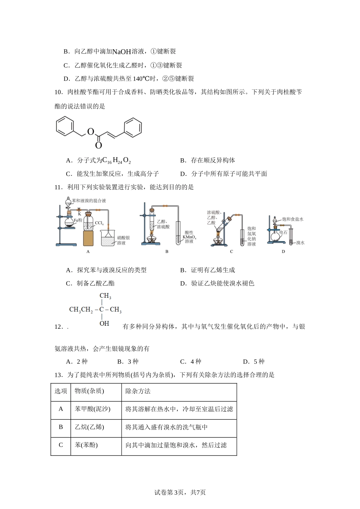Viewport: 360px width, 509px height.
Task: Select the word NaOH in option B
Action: (x=122, y=52)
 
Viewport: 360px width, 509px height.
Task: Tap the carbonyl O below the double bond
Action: (x=99, y=145)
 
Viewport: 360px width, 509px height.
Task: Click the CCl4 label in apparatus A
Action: (x=99, y=223)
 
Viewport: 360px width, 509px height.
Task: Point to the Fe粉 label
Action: (x=78, y=220)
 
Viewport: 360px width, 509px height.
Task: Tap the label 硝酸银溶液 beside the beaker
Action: (x=123, y=240)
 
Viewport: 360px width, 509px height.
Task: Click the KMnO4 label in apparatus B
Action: (x=189, y=237)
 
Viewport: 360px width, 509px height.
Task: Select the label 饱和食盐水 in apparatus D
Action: (x=293, y=219)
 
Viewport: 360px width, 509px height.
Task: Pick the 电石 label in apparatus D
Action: (x=283, y=232)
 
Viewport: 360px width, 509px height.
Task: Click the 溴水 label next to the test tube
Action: (x=300, y=243)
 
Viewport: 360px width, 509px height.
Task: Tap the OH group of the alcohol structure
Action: (x=104, y=323)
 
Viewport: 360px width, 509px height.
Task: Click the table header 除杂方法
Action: (x=138, y=391)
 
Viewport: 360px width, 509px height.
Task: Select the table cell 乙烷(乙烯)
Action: (x=89, y=427)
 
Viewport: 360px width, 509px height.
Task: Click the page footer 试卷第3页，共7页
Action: (x=180, y=492)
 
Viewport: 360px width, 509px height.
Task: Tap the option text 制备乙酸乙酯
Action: (x=95, y=283)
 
